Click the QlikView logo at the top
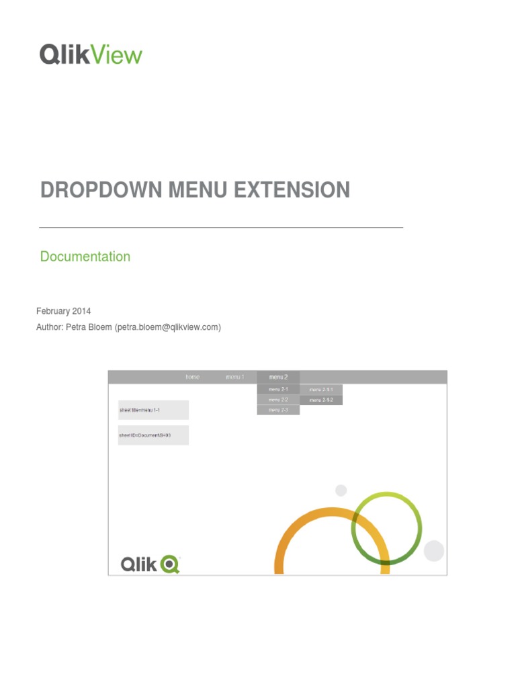(x=91, y=54)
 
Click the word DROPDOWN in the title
(x=102, y=190)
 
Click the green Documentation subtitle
(x=85, y=257)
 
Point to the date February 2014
(x=63, y=311)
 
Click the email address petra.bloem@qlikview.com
(x=167, y=327)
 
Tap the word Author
(x=50, y=327)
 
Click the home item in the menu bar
(x=193, y=377)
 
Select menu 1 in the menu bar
(x=235, y=377)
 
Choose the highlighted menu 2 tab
(x=278, y=377)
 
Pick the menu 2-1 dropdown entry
(x=278, y=390)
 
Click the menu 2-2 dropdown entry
(x=278, y=400)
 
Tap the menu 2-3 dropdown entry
(x=278, y=410)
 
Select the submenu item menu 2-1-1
(x=321, y=390)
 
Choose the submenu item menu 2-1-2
(x=321, y=400)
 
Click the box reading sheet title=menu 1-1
(x=153, y=410)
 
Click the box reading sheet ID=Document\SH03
(x=153, y=435)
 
